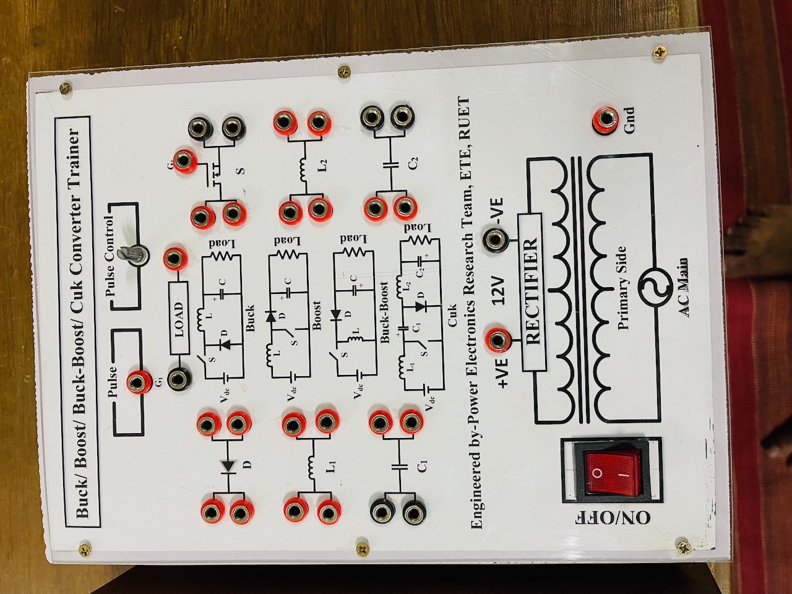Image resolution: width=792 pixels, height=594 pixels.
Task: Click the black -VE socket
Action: pyautogui.click(x=496, y=238)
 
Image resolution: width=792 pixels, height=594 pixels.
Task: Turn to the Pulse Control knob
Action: pyautogui.click(x=134, y=254)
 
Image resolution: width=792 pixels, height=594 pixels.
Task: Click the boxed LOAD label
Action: pyautogui.click(x=179, y=318)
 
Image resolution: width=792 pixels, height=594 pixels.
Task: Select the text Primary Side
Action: pyautogui.click(x=621, y=288)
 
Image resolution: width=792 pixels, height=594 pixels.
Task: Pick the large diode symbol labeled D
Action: pyautogui.click(x=228, y=465)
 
